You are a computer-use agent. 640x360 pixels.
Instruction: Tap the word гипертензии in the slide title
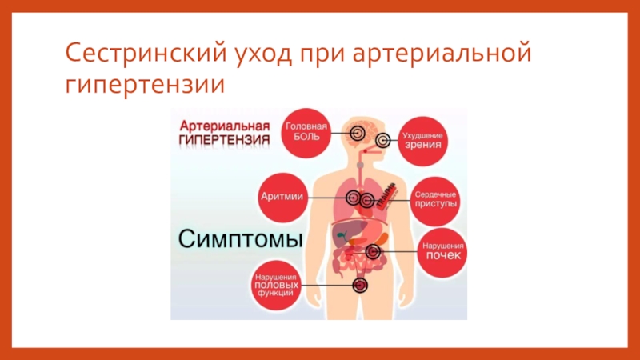coord(141,84)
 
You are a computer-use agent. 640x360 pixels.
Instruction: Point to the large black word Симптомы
coord(238,239)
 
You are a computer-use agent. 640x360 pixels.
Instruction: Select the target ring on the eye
coord(383,142)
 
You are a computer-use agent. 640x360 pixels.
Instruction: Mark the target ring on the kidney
coord(372,251)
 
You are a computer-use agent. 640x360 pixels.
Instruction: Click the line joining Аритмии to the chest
coord(324,197)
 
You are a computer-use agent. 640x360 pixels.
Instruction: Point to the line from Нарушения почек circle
coord(400,251)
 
